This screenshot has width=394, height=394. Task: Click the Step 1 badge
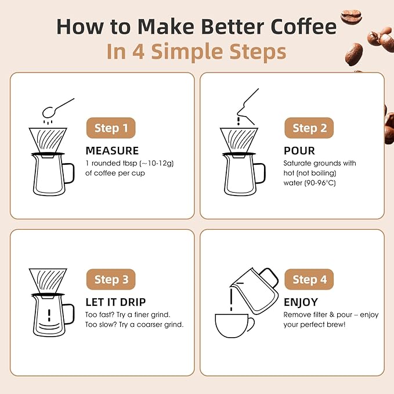[x=111, y=128]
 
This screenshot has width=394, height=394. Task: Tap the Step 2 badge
[x=309, y=128]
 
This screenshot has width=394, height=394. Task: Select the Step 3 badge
[x=111, y=280]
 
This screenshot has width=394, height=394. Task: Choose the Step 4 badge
[x=309, y=280]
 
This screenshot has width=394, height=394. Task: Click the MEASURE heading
[x=112, y=151]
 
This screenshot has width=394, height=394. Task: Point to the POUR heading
[x=299, y=151]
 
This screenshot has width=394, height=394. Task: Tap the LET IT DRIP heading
[x=115, y=302]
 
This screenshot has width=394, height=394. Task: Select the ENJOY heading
[x=301, y=302]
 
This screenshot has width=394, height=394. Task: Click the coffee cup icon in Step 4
[x=234, y=325]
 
